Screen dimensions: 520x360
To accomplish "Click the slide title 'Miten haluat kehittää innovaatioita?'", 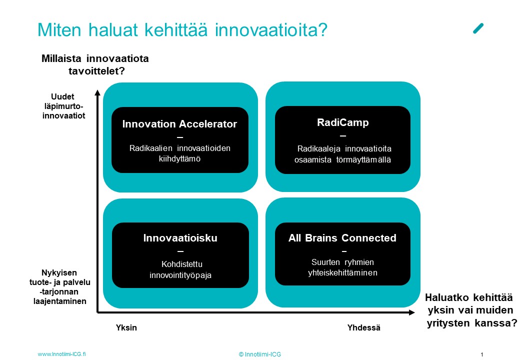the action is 182,30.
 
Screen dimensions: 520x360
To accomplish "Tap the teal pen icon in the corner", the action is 478,28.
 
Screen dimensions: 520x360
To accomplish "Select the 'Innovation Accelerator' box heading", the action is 179,124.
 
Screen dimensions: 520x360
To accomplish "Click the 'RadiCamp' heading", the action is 343,122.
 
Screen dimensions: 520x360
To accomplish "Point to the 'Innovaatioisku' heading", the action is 180,238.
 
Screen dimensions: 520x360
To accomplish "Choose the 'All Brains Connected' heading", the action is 342,238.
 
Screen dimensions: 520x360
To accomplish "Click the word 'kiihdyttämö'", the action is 179,159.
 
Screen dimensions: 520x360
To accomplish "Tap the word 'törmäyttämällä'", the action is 364,160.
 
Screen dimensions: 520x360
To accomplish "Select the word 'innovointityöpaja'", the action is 180,275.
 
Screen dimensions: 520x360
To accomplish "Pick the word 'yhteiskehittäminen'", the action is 342,273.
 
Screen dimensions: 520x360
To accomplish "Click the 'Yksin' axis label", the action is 126,327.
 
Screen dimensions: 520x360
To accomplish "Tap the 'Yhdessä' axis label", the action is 364,327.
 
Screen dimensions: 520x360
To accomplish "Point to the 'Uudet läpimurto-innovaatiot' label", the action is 63,106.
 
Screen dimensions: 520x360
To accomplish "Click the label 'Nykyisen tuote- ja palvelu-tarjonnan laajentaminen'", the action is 60,287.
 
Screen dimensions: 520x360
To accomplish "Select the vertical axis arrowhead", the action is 97,92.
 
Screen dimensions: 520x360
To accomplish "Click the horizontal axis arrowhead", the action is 412,312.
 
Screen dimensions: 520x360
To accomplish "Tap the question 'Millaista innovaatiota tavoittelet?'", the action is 95,64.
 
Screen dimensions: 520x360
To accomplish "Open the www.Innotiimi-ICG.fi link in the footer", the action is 61,354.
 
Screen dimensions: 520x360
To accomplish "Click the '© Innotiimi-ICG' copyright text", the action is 259,354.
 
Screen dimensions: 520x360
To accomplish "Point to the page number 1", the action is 482,354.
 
